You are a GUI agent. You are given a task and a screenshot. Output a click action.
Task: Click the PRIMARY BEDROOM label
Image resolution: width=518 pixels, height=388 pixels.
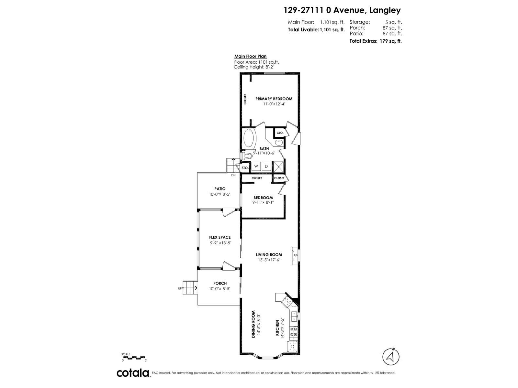[x=274, y=99]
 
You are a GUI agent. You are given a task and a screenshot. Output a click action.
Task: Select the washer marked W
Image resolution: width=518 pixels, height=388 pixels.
[x=256, y=167]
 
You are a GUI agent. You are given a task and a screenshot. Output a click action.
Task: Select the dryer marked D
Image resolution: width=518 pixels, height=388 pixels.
[x=266, y=167]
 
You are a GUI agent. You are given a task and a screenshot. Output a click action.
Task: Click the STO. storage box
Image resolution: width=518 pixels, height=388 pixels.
[x=245, y=168]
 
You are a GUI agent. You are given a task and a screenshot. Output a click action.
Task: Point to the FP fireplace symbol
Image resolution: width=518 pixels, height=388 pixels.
[x=295, y=256]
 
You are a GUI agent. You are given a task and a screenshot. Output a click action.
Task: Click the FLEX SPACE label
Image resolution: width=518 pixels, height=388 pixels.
[x=220, y=237]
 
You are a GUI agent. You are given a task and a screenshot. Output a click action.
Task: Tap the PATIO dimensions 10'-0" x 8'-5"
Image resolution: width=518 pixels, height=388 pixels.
[x=220, y=194]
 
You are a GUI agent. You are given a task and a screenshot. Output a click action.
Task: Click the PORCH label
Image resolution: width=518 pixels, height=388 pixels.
[x=220, y=283]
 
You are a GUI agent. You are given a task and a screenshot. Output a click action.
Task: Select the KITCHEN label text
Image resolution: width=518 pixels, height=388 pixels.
[x=277, y=328]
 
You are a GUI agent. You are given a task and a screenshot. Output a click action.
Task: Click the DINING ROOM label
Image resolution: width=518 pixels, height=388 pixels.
[x=253, y=324]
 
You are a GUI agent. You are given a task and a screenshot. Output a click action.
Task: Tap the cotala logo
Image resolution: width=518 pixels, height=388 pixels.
[x=133, y=373]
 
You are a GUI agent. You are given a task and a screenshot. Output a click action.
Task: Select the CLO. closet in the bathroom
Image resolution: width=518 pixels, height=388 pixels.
[x=280, y=133]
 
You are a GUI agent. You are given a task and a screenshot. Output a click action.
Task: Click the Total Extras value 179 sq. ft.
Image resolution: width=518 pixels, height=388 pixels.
[x=390, y=41]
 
